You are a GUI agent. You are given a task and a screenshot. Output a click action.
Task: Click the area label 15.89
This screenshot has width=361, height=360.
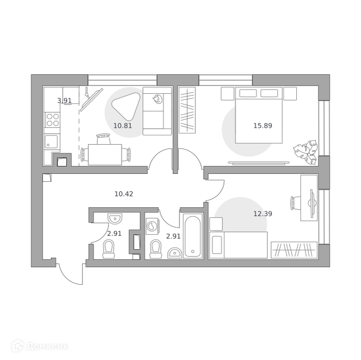click(263, 126)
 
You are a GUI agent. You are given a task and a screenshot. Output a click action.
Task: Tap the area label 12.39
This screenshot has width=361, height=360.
click(263, 214)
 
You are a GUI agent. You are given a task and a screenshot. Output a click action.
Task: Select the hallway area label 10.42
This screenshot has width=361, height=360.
click(124, 194)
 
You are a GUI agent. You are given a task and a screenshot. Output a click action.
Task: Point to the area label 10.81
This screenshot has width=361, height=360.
click(123, 126)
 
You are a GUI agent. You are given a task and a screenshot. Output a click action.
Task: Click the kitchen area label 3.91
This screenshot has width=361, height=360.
click(64, 101)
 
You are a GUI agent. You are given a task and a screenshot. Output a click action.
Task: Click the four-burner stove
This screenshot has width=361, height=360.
click(53, 120)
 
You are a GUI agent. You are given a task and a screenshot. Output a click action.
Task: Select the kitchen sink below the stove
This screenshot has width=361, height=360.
click(51, 141)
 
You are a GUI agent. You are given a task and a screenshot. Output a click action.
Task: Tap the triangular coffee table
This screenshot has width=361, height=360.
click(126, 106)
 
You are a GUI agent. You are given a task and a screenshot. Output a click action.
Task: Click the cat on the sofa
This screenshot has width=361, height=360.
click(157, 99)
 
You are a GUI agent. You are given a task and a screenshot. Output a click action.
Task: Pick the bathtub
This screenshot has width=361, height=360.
click(193, 236)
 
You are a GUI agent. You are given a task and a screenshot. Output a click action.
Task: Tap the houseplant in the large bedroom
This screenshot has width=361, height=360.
click(305, 152)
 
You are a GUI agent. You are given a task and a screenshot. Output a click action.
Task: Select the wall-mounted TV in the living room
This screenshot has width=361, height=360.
click(91, 99)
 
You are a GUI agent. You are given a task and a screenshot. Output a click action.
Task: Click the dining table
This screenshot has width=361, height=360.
click(105, 154)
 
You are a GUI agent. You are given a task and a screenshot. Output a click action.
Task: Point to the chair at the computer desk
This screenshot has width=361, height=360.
click(296, 203)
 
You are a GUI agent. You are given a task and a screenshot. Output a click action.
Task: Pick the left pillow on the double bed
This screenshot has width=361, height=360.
click(248, 93)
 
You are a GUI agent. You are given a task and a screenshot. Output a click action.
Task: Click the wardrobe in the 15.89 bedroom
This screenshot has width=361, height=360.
click(187, 110)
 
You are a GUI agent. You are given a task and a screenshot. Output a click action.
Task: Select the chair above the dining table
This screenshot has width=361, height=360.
click(103, 139)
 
